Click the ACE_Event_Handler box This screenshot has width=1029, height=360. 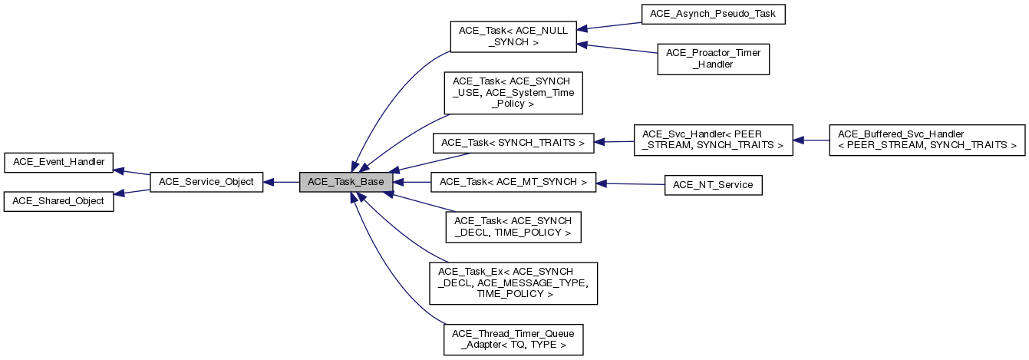coord(59,162)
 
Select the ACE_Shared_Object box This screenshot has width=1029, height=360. coord(59,201)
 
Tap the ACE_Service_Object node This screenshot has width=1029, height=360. coord(206,182)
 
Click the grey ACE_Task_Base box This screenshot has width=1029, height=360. coord(346,182)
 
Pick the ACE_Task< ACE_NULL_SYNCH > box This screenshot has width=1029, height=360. coord(513,36)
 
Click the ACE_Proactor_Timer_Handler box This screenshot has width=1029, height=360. coord(713,59)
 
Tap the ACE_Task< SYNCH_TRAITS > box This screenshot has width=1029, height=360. coord(513,143)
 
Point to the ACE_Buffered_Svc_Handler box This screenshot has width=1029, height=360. coord(927,140)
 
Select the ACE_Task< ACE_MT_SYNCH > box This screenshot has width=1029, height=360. coord(513,182)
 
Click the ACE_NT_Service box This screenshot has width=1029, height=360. coord(713,185)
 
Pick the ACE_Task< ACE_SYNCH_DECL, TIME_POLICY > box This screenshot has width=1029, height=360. coord(513,226)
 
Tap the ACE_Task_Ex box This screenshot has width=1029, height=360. coord(513,282)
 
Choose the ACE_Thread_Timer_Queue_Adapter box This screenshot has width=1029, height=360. coord(513,339)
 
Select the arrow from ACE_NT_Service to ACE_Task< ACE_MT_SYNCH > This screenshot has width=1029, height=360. coord(630,184)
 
